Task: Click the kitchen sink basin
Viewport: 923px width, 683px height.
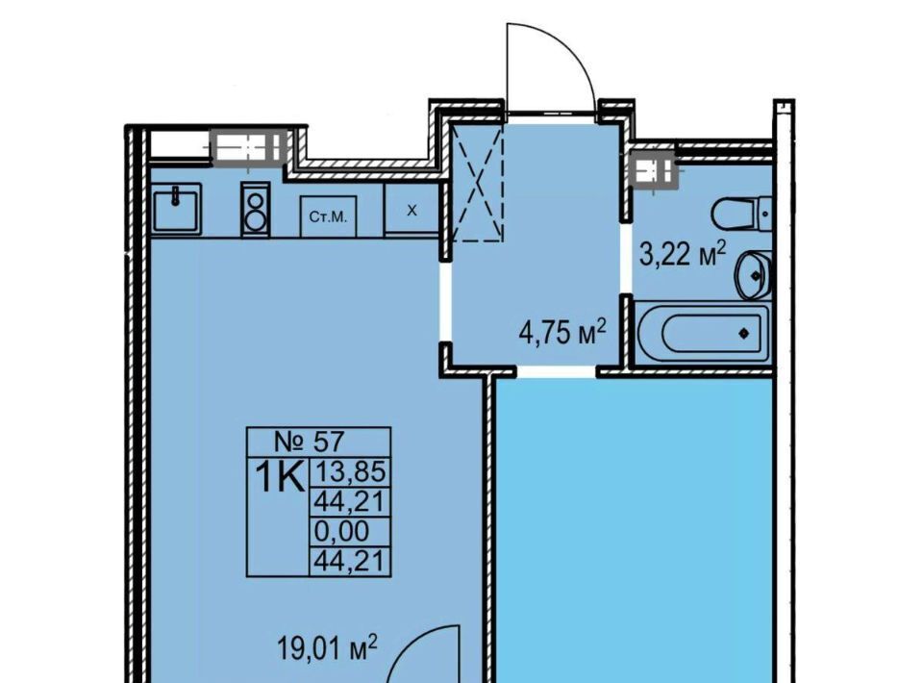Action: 177,208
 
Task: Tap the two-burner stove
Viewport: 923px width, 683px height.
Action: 255,210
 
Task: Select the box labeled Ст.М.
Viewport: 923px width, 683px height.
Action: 329,216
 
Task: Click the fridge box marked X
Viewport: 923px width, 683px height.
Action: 412,211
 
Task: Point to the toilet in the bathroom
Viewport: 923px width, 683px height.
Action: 741,214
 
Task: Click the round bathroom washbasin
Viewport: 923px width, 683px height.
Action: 752,275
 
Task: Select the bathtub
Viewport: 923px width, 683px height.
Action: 703,334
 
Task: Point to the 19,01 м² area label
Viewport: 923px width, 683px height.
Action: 327,648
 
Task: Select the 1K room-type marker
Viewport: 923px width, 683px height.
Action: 279,477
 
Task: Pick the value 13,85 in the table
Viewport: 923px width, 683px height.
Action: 351,471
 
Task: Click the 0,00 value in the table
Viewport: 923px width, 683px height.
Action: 342,531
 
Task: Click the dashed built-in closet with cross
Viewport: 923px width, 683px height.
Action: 478,185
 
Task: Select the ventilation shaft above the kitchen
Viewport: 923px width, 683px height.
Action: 248,146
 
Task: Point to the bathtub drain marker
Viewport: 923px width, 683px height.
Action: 743,334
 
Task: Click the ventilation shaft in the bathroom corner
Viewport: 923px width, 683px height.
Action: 653,171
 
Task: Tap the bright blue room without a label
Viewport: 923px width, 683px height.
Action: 634,530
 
